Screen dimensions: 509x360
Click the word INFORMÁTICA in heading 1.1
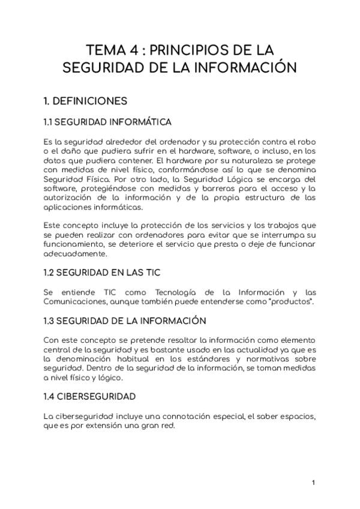tap(140, 122)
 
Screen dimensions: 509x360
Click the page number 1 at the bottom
tap(313, 481)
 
